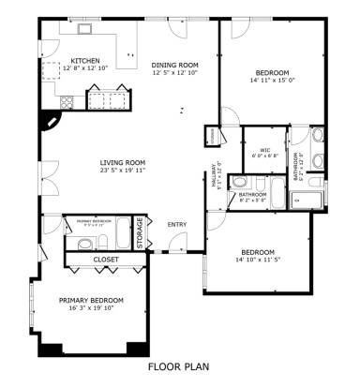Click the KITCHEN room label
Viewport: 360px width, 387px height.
click(84, 61)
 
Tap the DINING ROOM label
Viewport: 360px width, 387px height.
click(175, 65)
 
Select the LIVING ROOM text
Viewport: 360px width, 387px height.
click(124, 162)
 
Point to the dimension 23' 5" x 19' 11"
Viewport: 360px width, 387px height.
click(124, 171)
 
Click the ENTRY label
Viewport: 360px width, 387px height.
click(176, 224)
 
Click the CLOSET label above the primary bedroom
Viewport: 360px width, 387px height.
click(106, 260)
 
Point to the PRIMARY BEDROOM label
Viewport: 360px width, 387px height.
click(91, 299)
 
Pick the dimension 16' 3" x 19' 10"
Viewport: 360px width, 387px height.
click(91, 307)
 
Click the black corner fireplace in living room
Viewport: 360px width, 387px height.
click(49, 120)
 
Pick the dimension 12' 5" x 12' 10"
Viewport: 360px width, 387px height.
click(175, 73)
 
